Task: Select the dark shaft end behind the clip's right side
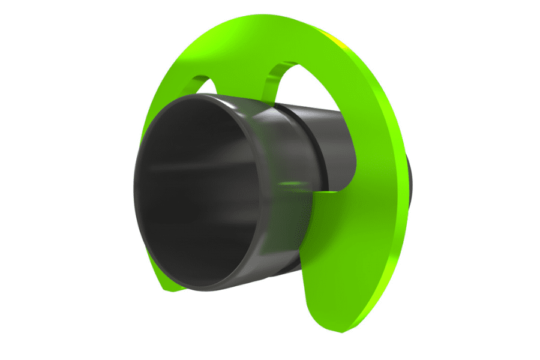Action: click(412, 180)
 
